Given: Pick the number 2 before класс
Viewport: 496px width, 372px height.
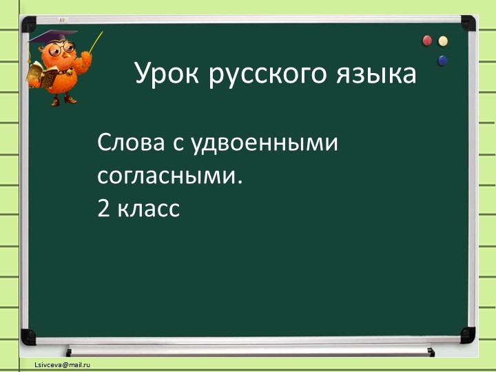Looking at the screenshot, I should click(104, 207).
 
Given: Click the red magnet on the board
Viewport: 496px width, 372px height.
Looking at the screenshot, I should click(427, 41).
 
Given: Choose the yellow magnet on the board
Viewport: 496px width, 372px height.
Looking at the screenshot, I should click(443, 41).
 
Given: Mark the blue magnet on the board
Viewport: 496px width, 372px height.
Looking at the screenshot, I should click(442, 61).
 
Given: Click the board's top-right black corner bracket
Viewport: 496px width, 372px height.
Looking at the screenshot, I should click(468, 23).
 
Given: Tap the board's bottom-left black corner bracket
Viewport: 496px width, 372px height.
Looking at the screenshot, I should click(28, 336).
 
